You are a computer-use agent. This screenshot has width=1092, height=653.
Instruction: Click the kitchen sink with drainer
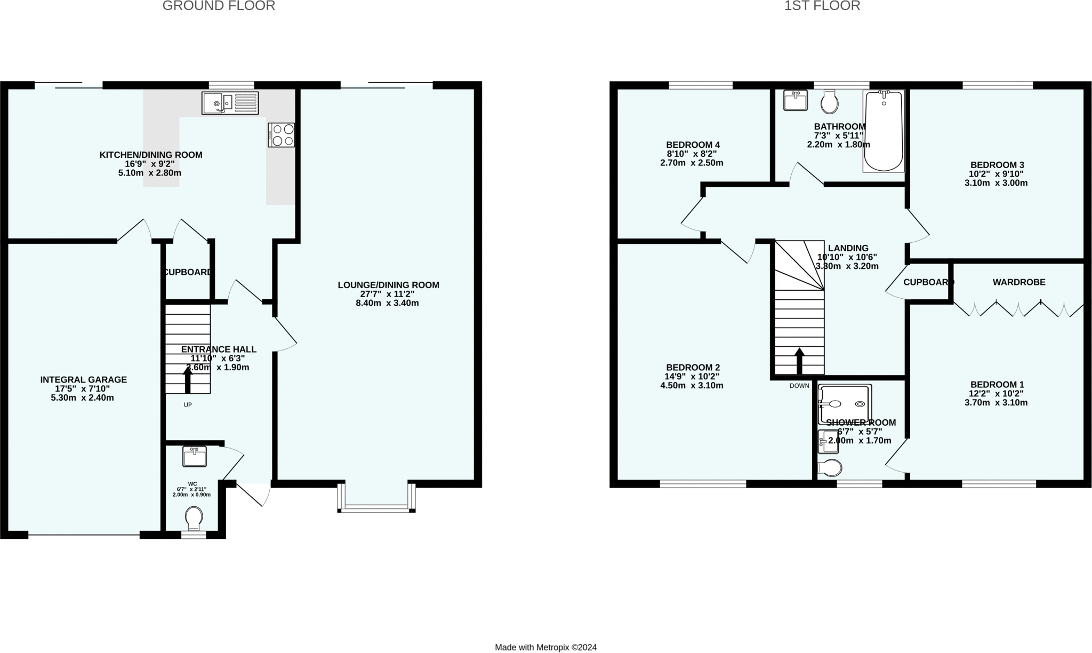coord(230,103)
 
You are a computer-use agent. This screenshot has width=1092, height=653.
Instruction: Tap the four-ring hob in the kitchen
coord(282,135)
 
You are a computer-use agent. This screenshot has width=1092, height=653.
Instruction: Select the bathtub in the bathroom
coord(884,131)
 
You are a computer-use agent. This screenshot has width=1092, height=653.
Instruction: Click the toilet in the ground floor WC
coord(194,517)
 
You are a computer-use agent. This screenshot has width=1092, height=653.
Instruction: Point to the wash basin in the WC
coord(194,457)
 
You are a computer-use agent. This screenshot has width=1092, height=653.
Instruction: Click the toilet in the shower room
coord(830,468)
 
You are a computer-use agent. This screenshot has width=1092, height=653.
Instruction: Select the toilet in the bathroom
coord(829,101)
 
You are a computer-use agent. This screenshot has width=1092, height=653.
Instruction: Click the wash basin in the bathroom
coord(795,100)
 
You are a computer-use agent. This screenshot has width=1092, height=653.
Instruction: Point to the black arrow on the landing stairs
coord(799,361)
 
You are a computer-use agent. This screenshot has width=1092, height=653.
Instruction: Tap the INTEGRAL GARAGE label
coord(84,380)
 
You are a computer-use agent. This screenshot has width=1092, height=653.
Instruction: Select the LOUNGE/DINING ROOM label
coord(388,285)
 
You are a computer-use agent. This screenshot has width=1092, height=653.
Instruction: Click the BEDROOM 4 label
coord(693,145)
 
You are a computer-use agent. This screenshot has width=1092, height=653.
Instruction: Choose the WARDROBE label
coord(1018,282)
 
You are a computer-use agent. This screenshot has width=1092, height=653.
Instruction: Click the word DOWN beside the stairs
coord(799,386)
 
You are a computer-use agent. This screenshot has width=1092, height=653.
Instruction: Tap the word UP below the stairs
coord(188,405)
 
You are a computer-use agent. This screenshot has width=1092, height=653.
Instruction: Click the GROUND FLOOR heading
coord(219,6)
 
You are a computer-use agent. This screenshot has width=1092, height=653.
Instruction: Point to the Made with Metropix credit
coord(545,647)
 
